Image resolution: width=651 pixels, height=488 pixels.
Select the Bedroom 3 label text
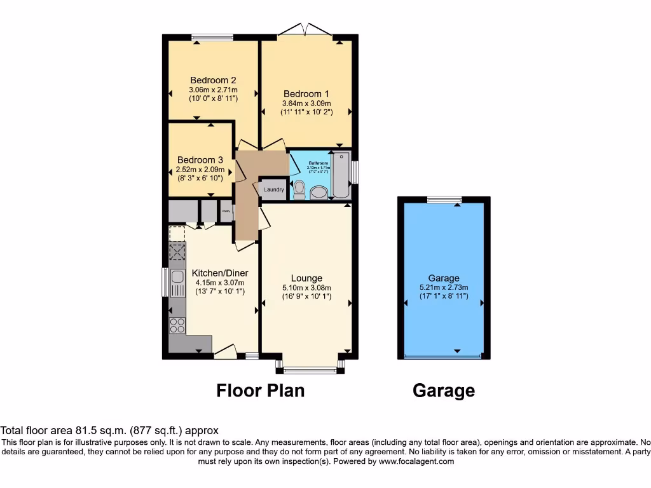tap(200, 160)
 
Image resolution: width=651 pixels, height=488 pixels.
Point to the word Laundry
tap(273, 189)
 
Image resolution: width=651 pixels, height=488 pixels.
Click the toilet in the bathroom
tap(299, 189)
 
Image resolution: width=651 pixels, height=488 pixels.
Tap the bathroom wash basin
tap(319, 193)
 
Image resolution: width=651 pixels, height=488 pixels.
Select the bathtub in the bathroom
tap(341, 175)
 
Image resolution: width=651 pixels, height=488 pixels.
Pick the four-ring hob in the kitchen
tap(177, 325)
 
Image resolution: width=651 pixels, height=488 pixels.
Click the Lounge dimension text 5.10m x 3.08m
tap(306, 287)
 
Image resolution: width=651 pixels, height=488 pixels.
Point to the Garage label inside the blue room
tap(443, 278)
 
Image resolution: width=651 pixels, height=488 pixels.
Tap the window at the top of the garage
tap(444, 200)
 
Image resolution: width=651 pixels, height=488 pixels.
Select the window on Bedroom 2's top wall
tap(212, 37)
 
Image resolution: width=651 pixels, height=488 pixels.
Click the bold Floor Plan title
tap(260, 390)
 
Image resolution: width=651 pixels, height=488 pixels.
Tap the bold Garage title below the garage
tap(443, 390)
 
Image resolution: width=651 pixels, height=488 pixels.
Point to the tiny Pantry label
tap(226, 210)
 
